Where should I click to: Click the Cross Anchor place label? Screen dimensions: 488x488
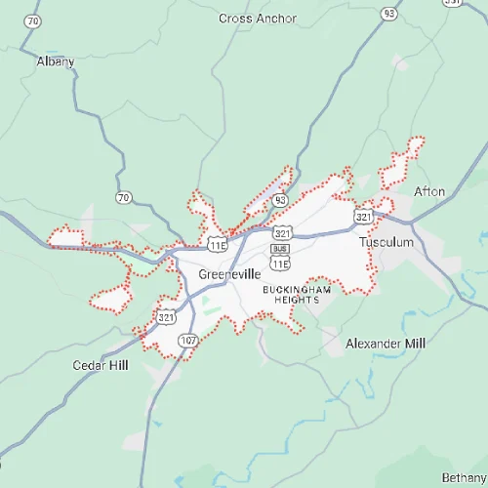258,18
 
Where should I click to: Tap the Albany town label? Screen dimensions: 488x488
55,61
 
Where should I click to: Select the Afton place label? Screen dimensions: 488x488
429,190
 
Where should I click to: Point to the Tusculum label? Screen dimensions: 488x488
386,241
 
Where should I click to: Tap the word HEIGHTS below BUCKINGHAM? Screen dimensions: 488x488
291,300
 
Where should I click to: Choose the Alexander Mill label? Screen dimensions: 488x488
386,344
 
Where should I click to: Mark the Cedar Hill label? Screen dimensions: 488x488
101,365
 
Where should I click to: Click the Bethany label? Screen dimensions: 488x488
463,476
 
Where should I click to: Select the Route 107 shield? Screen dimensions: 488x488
188,340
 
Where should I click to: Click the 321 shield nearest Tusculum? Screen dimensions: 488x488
363,216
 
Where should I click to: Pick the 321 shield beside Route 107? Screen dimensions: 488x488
164,317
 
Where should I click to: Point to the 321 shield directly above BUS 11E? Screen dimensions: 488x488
283,233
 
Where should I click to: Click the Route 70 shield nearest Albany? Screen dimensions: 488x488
35,20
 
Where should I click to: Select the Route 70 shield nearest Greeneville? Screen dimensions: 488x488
123,198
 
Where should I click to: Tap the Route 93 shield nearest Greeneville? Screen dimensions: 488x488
281,199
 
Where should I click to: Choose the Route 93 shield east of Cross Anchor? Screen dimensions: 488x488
389,13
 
